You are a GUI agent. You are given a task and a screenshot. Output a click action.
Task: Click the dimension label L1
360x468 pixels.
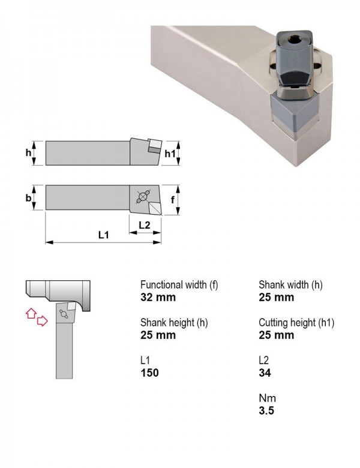(x=104, y=235)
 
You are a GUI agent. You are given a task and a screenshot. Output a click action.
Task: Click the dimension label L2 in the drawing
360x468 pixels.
(x=145, y=225)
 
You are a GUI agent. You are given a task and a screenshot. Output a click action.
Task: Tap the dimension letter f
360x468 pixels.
(x=173, y=199)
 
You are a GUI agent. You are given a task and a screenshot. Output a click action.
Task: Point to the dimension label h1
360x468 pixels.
(x=170, y=154)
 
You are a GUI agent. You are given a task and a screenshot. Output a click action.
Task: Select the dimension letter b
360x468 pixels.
(x=28, y=197)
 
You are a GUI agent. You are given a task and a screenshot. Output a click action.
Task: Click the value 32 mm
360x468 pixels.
(x=158, y=297)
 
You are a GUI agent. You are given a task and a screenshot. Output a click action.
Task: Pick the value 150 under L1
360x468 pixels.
(x=149, y=373)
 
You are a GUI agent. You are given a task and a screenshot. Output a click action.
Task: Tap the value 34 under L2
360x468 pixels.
(x=265, y=373)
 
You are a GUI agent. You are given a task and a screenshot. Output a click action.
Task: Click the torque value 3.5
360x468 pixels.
(x=266, y=410)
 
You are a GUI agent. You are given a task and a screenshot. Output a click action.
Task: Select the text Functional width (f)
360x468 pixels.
(x=179, y=285)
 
